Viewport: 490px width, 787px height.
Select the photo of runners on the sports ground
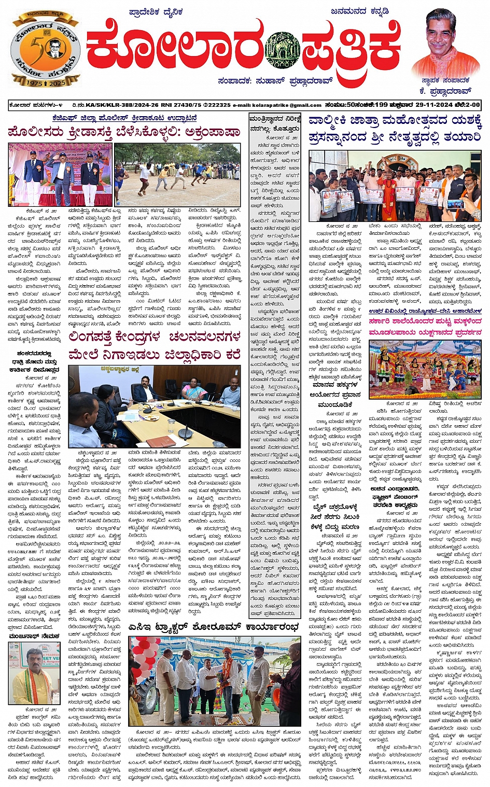pyautogui.click(x=177, y=174)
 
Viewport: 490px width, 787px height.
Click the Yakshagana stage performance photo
pyautogui.click(x=424, y=370)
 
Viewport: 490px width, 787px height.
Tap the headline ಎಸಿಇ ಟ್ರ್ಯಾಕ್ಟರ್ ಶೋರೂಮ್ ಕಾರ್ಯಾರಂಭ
pyautogui.click(x=214, y=627)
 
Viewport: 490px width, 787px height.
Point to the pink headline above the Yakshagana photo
pyautogui.click(x=425, y=327)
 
